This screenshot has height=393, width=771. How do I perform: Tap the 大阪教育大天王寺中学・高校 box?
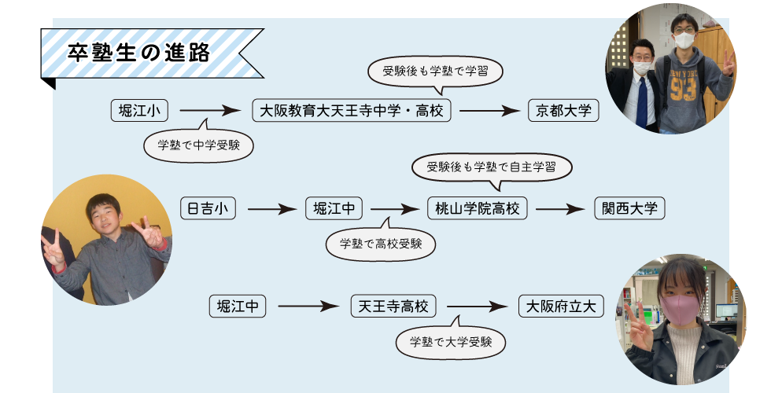(352, 111)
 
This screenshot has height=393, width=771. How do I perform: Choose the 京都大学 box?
(563, 111)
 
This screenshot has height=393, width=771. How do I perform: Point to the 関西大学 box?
(629, 208)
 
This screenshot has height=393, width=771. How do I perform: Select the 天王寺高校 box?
(393, 306)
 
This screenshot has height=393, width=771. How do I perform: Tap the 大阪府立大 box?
(561, 306)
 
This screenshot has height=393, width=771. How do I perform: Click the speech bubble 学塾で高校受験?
(381, 244)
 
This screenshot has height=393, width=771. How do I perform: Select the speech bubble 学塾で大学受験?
(451, 341)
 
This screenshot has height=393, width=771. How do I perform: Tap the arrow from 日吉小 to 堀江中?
(270, 209)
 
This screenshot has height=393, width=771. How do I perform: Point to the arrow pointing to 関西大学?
(562, 209)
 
